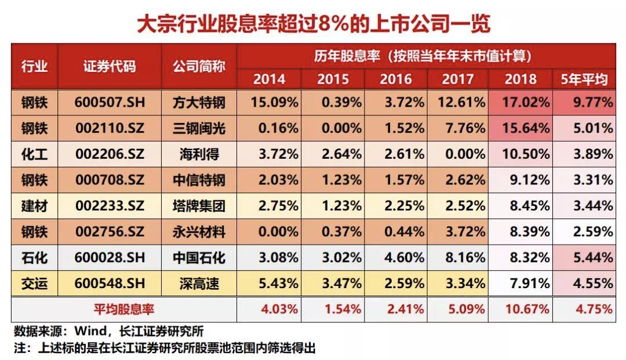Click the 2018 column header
click(x=520, y=79)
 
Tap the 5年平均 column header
click(x=584, y=79)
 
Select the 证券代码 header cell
click(x=110, y=66)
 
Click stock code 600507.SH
click(x=110, y=103)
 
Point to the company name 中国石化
click(x=199, y=258)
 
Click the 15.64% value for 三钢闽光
click(x=525, y=128)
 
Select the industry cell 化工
click(x=34, y=154)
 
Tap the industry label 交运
click(x=34, y=284)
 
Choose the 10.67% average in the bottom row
click(x=527, y=310)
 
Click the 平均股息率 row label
click(x=124, y=310)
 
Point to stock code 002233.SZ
click(x=110, y=206)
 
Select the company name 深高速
click(x=199, y=284)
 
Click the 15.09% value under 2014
click(x=274, y=103)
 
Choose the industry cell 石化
click(x=34, y=258)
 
